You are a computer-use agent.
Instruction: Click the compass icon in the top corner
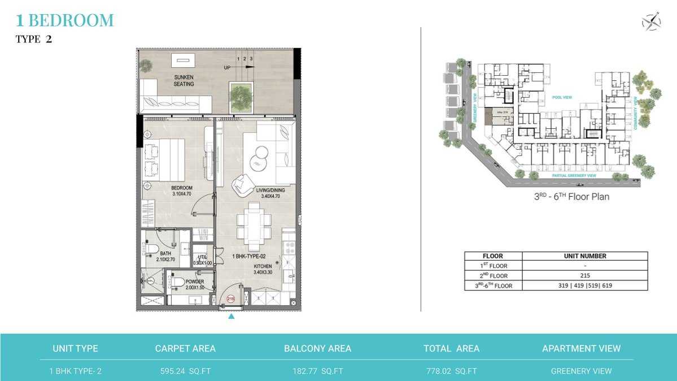(651, 22)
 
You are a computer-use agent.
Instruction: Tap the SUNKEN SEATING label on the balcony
(184, 80)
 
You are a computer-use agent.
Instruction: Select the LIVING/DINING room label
(270, 193)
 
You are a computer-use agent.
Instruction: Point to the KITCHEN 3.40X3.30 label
(263, 269)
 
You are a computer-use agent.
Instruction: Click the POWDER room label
(195, 284)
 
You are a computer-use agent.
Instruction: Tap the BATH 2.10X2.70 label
(165, 257)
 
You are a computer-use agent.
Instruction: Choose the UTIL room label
(203, 260)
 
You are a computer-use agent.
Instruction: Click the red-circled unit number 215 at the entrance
(230, 299)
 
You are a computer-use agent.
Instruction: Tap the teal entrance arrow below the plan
(231, 317)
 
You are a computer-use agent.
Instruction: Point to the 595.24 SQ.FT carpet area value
(185, 371)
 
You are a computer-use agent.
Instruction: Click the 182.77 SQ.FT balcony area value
(317, 371)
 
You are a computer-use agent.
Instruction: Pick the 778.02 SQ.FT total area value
(451, 371)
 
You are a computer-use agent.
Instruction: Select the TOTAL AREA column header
(451, 349)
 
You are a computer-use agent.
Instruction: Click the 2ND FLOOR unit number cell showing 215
(585, 275)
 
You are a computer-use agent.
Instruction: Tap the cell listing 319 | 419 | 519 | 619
(585, 285)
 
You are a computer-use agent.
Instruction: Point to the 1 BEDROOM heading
(65, 21)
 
